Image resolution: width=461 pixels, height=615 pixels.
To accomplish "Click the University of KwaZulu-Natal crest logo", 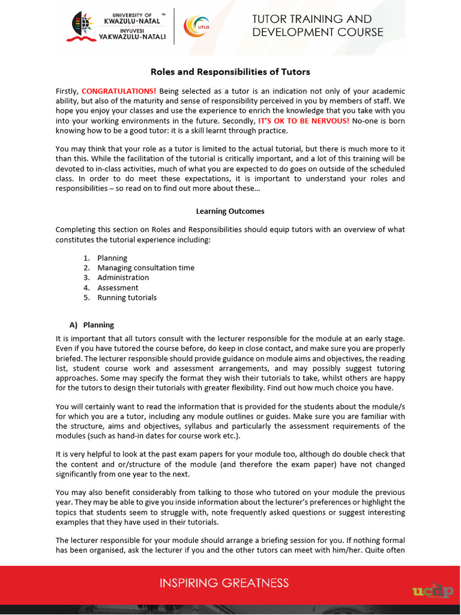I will click(x=82, y=26).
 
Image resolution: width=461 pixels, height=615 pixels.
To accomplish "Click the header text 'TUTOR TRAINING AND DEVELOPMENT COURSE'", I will click(x=318, y=26).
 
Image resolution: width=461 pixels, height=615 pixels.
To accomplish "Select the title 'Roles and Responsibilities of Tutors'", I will click(x=230, y=72).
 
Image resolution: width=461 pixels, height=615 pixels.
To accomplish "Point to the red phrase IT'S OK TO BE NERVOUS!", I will click(x=304, y=121).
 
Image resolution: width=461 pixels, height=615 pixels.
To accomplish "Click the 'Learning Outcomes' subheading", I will click(x=230, y=211).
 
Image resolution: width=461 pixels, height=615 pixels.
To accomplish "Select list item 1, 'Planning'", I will click(x=112, y=258).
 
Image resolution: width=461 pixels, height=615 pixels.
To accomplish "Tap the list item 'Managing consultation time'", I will click(x=146, y=268).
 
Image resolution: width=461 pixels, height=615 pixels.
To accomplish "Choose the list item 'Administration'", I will click(x=123, y=277).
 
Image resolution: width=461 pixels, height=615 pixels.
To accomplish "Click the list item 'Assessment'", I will click(x=118, y=288).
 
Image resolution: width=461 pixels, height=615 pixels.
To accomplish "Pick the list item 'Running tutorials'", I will click(x=127, y=297).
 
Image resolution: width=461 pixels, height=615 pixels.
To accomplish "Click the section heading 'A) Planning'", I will click(x=92, y=325).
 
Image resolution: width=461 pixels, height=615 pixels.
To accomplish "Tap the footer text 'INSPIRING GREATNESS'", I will click(x=224, y=583).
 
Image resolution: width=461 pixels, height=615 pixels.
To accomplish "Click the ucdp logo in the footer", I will click(x=433, y=591).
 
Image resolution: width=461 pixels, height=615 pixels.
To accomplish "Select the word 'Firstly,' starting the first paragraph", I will click(x=67, y=91).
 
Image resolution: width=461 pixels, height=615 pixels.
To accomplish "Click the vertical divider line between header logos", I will click(x=174, y=26).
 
